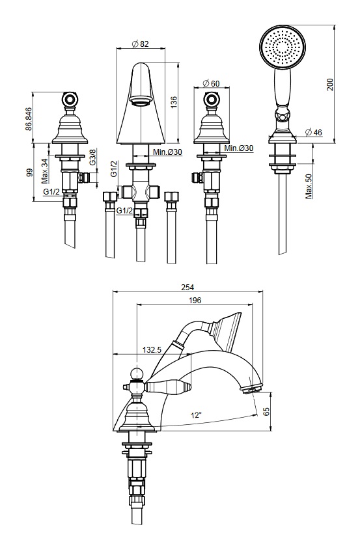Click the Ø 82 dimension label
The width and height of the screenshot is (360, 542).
[x=141, y=44]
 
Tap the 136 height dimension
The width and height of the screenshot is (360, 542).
[x=174, y=103]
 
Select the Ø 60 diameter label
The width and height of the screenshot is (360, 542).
[x=211, y=83]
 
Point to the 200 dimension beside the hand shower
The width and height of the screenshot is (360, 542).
[x=330, y=85]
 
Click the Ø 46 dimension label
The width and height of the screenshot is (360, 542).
[x=313, y=132]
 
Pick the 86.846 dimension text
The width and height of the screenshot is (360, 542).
[x=29, y=119]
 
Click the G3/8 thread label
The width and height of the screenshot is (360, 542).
[x=92, y=157]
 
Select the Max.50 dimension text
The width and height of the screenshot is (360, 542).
[x=309, y=186]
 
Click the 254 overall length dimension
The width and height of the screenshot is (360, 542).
[x=187, y=287]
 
